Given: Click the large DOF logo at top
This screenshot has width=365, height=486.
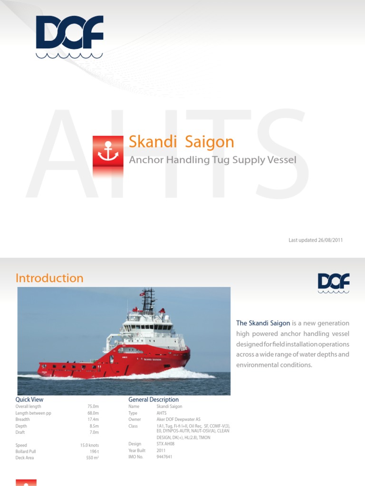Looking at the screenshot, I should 69,36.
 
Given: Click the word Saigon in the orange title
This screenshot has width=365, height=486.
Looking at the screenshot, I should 210,141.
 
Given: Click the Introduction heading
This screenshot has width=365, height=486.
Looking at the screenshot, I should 49,278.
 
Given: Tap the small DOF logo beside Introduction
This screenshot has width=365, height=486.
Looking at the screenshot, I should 334,283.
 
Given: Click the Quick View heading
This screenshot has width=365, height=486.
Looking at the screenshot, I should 29,400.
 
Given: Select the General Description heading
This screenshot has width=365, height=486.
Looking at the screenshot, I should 154,400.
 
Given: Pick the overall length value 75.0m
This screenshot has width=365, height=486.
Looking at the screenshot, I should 93,407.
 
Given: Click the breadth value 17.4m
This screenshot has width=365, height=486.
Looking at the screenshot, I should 93,420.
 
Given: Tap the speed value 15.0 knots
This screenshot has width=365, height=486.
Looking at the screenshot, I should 89,446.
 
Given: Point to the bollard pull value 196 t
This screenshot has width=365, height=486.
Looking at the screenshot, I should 94,452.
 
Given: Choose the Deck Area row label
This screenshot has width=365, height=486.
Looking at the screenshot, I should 25,458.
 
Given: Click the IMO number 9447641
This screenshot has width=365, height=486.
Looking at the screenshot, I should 164,457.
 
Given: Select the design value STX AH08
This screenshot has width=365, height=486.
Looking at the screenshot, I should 166,444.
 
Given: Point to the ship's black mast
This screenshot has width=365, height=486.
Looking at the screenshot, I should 148,299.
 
